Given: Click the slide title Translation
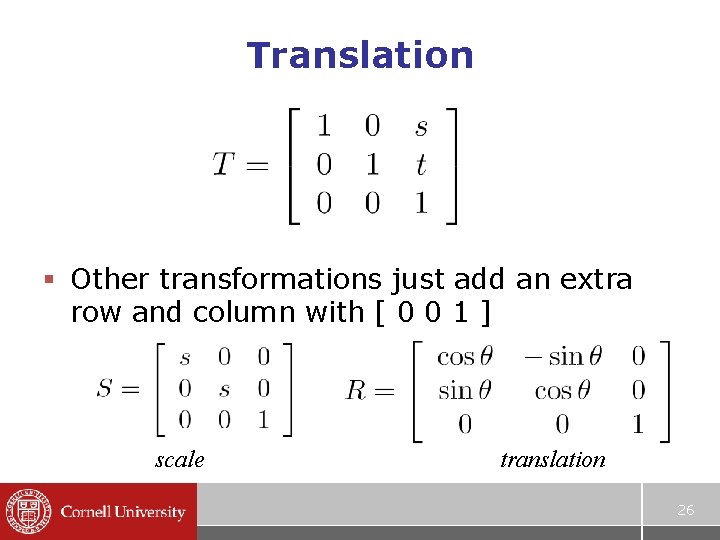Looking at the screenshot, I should (x=360, y=55).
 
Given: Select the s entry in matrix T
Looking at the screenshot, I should (x=421, y=126).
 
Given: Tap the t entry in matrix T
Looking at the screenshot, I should (x=421, y=165).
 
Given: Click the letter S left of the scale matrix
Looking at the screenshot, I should (x=106, y=388).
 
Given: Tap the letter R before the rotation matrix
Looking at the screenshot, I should (x=356, y=390).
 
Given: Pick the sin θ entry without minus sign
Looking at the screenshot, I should (x=465, y=390).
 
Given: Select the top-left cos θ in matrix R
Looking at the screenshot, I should (x=465, y=356).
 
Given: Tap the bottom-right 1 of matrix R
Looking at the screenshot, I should (x=638, y=425).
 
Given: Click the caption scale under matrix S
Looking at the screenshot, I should (x=180, y=460).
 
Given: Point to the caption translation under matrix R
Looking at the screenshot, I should (x=553, y=460).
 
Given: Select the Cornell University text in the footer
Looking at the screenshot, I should (x=123, y=512).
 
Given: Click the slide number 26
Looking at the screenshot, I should (x=685, y=510).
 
